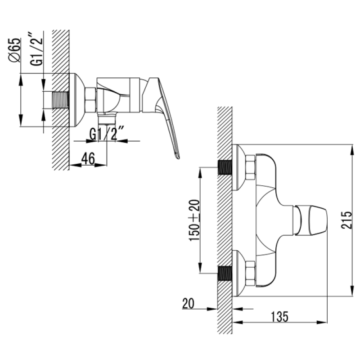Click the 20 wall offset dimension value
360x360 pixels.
click(x=188, y=303)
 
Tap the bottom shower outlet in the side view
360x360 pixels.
click(x=107, y=119)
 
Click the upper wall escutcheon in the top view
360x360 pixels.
click(x=238, y=167)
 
